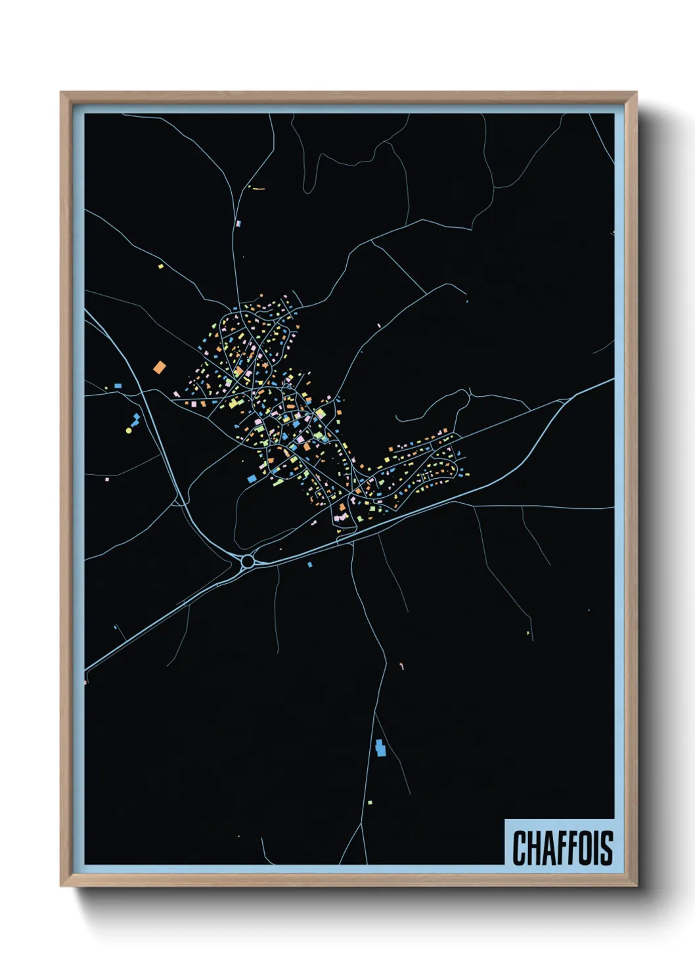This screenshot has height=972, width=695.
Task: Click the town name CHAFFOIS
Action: coord(562,848)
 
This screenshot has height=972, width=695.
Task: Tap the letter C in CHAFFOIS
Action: coord(520,848)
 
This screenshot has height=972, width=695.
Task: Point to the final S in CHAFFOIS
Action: coord(606,848)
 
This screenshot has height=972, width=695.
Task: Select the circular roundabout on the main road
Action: coord(248,562)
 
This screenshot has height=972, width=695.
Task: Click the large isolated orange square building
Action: coord(159,367)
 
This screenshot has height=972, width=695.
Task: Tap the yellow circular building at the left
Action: coord(129,431)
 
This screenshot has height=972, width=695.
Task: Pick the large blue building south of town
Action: coord(379,747)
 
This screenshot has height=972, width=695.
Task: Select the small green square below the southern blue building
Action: coord(370,803)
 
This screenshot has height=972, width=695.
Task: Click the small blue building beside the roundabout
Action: coord(310,565)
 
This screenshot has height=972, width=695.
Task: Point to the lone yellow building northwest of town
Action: coord(161,267)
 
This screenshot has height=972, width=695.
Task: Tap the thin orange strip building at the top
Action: coord(258,188)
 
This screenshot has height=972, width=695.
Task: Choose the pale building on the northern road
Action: coord(238,224)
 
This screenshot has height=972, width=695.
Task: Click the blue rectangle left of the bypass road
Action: coord(118,386)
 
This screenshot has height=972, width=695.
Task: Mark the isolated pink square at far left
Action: coord(106,479)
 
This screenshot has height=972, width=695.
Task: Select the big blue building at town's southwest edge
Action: coord(251,479)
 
